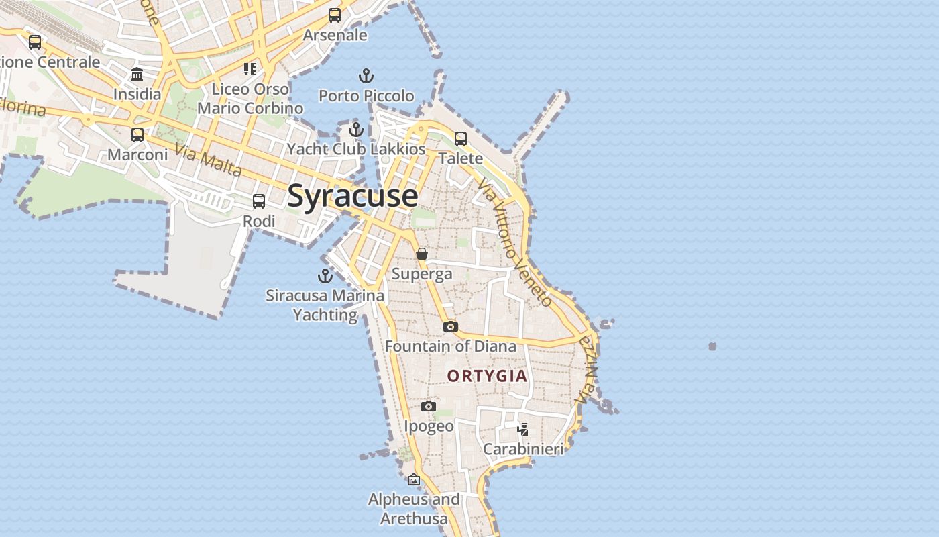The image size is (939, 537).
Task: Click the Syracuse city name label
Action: click(352, 196)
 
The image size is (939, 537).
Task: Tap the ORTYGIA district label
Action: click(488, 376)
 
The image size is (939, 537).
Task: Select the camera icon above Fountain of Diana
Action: click(451, 326)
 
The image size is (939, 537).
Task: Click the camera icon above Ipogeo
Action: click(429, 406)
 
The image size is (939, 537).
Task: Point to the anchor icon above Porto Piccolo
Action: click(366, 75)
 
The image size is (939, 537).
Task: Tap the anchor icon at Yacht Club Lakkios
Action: click(356, 129)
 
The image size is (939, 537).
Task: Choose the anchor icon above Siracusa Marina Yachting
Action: click(325, 275)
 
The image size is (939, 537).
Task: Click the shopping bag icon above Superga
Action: click(422, 254)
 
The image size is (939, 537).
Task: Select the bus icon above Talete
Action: click(461, 139)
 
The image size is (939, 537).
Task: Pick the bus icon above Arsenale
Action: click(335, 15)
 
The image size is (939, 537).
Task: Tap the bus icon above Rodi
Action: click(259, 201)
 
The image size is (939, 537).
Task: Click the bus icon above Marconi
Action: click(137, 135)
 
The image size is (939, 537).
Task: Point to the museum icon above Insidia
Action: click(137, 74)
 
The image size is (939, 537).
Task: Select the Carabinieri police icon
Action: click(523, 429)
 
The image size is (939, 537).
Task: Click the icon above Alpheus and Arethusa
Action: click(414, 479)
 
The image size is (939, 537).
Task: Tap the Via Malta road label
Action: click(209, 160)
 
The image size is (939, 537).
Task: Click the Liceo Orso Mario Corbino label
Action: click(250, 98)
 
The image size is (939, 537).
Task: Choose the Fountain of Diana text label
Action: click(451, 346)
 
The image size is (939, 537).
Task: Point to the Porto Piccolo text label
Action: click(366, 96)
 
